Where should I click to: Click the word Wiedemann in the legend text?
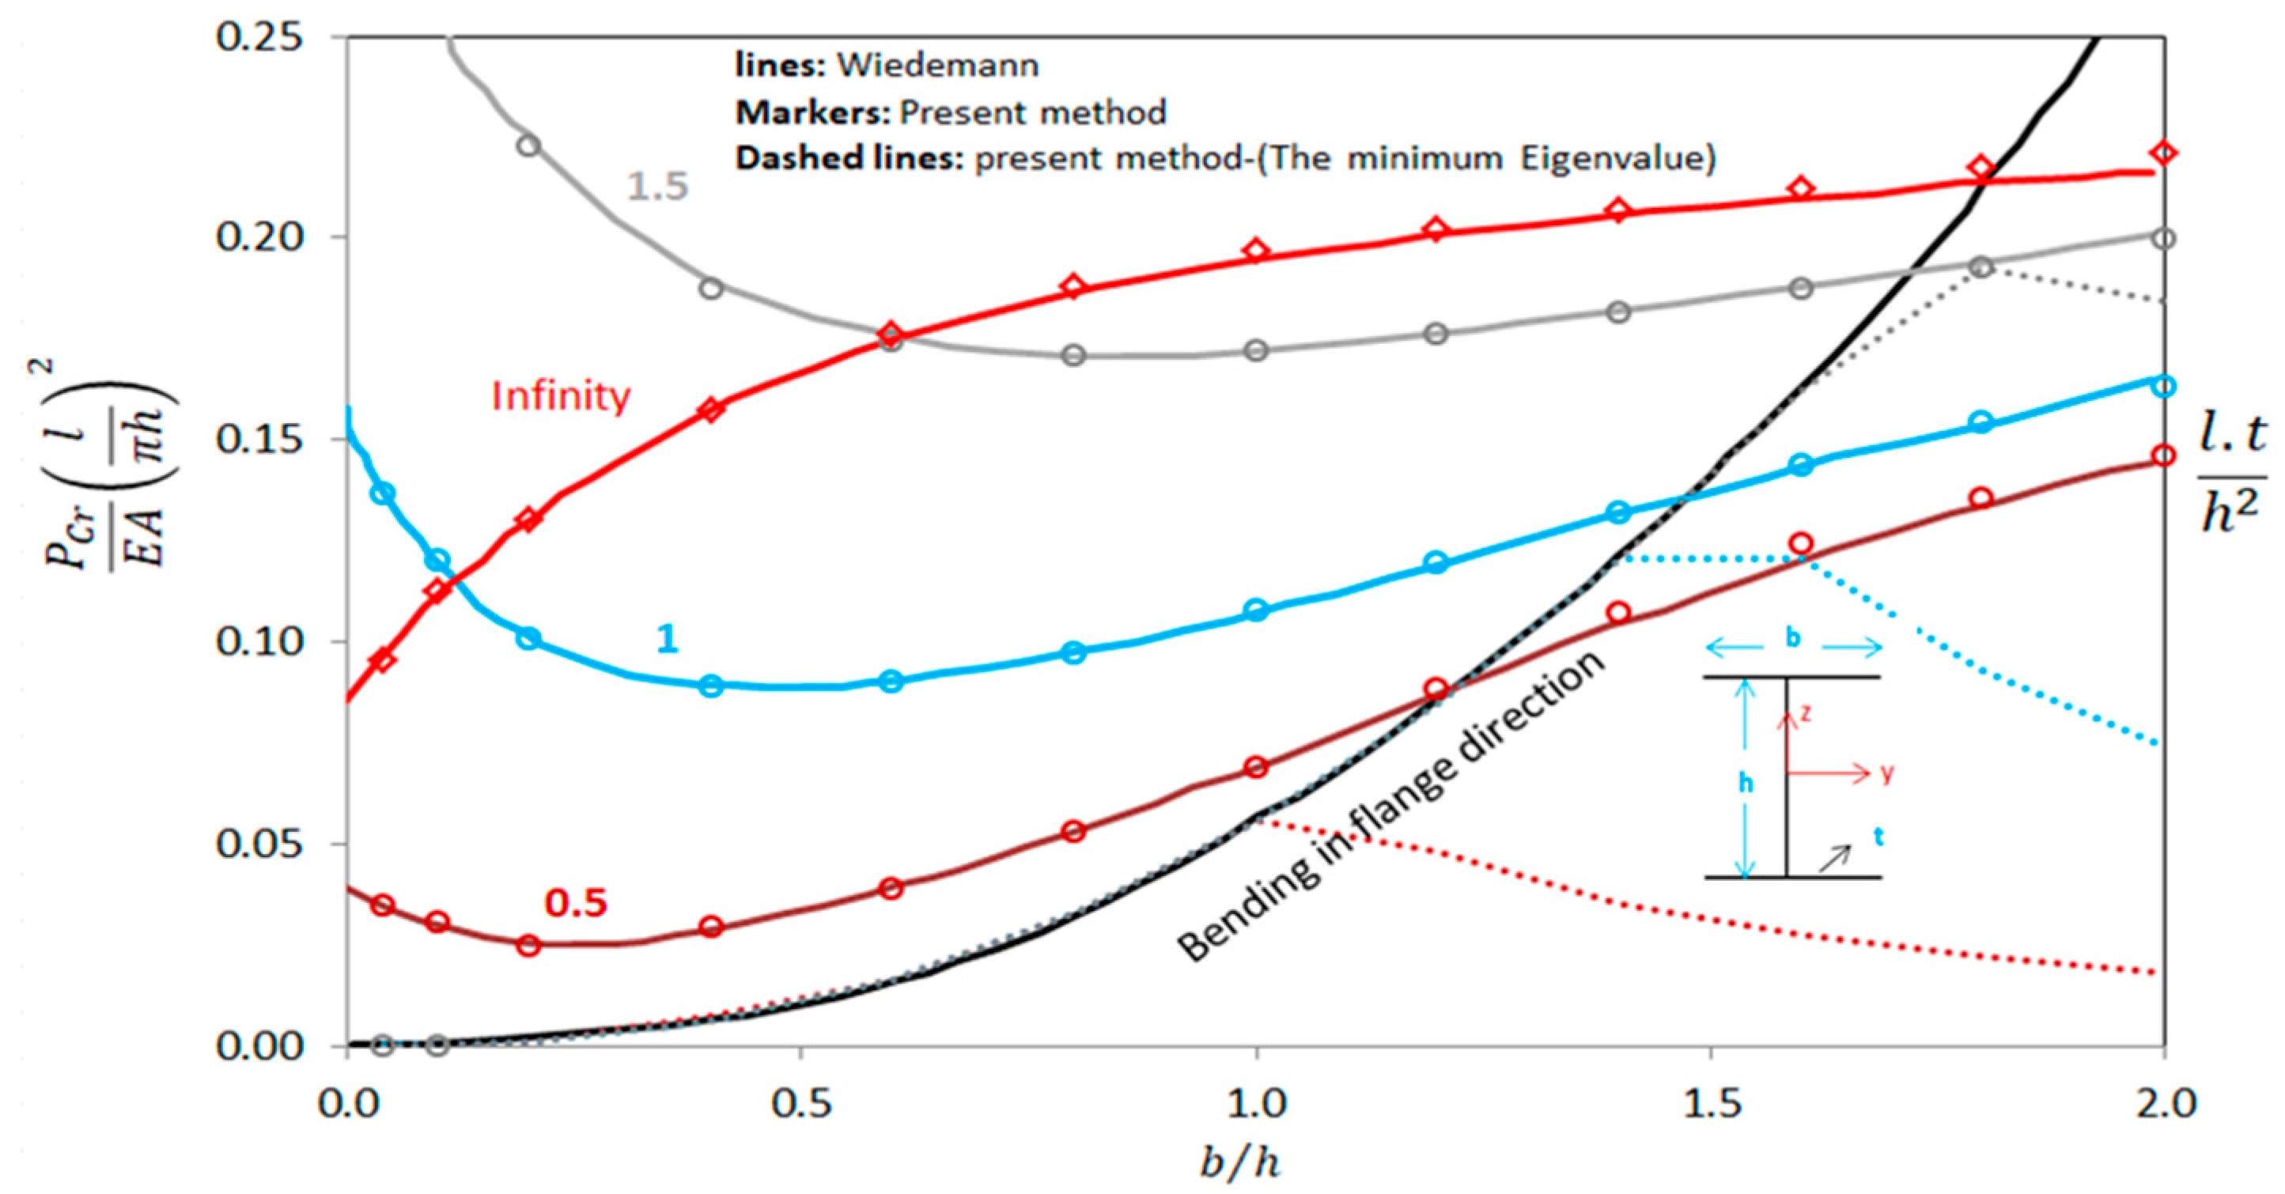point(939,66)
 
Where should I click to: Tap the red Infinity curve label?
point(561,395)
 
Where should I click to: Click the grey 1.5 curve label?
point(657,187)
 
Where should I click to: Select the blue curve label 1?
point(667,639)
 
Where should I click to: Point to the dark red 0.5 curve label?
point(576,903)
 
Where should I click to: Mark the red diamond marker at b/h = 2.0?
point(2164,153)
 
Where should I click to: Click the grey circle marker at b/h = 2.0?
point(2164,239)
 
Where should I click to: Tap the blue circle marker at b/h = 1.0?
point(1256,610)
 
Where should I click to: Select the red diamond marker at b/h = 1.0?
point(1256,251)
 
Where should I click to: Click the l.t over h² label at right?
point(2233,474)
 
